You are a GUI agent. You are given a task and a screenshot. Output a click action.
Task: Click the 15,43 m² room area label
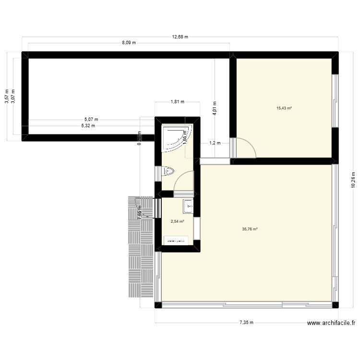click(x=284, y=108)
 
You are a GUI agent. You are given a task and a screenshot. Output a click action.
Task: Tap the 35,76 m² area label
click(x=250, y=229)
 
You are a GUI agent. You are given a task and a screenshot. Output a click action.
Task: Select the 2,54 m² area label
click(x=178, y=222)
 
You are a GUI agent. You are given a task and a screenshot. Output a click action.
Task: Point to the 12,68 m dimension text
click(x=180, y=36)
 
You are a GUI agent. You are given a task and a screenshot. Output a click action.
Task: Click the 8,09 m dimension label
click(x=128, y=43)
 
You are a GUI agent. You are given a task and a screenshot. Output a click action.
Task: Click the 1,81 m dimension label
click(x=177, y=102)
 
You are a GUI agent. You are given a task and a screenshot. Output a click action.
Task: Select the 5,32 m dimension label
click(x=87, y=126)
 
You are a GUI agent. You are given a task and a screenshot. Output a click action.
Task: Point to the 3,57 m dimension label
click(x=6, y=96)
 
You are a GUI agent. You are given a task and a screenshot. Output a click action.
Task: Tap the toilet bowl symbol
click(x=169, y=170)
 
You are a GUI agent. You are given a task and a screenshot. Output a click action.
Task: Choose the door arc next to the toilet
click(x=183, y=181)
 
